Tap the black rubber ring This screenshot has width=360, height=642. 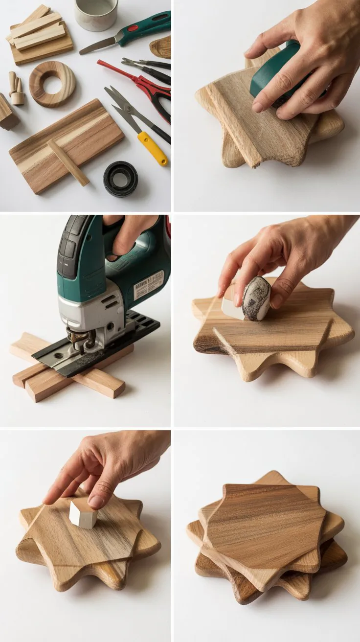[x=120, y=179]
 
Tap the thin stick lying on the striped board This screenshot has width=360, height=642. [x=68, y=162]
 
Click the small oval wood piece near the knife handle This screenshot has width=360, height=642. [x=161, y=47]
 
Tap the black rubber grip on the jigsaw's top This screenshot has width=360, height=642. [x=68, y=245]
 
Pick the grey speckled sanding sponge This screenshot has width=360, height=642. [x=256, y=298]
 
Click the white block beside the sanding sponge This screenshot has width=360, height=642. [x=231, y=308]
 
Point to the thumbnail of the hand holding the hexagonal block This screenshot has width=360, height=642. [x=96, y=502]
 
